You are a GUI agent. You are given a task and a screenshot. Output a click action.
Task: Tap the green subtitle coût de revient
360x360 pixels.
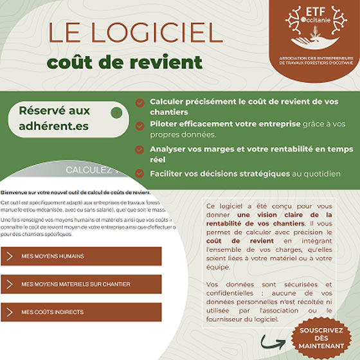point(125,63)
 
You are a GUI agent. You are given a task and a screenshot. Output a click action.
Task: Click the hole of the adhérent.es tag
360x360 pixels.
point(116,114)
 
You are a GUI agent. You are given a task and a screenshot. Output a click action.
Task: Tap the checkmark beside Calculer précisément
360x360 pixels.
point(139,102)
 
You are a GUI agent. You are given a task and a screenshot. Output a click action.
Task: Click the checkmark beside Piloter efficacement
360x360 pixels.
point(139,124)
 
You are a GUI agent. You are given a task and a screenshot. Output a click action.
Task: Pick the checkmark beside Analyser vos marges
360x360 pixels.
point(139,149)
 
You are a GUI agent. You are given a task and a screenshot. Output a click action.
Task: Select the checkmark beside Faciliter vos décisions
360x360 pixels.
point(139,173)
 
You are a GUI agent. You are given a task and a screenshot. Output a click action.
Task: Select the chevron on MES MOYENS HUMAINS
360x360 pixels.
point(10,256)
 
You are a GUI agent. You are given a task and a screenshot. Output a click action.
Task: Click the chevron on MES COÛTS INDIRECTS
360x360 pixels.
point(10,312)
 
